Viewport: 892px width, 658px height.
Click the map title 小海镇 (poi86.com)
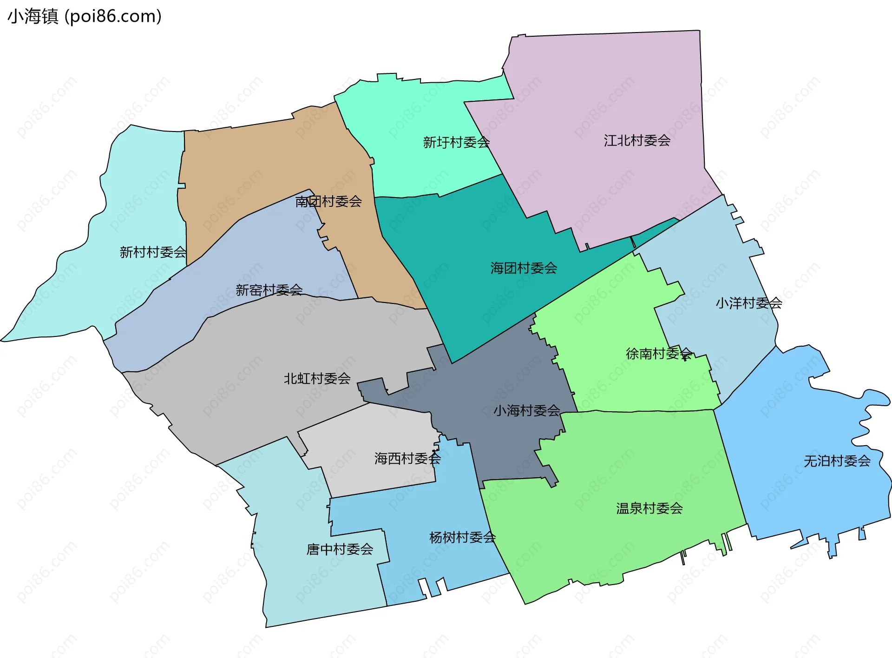click(85, 16)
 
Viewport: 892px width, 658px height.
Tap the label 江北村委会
click(637, 140)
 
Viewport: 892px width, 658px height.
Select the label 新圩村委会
click(456, 142)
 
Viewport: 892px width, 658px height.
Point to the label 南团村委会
click(328, 201)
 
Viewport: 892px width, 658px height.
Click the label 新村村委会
click(153, 252)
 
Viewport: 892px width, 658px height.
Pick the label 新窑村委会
click(269, 290)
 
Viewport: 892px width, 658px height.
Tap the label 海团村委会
click(524, 268)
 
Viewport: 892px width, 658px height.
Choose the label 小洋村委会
click(749, 303)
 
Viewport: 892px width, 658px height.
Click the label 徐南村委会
click(659, 354)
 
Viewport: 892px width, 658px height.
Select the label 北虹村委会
click(317, 378)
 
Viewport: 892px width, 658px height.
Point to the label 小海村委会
click(526, 410)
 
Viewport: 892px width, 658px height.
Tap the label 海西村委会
click(407, 459)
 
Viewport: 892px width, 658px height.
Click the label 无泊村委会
click(837, 461)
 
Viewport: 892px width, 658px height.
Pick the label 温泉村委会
click(649, 508)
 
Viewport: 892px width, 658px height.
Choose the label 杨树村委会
click(462, 537)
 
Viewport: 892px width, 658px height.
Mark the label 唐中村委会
click(340, 549)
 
